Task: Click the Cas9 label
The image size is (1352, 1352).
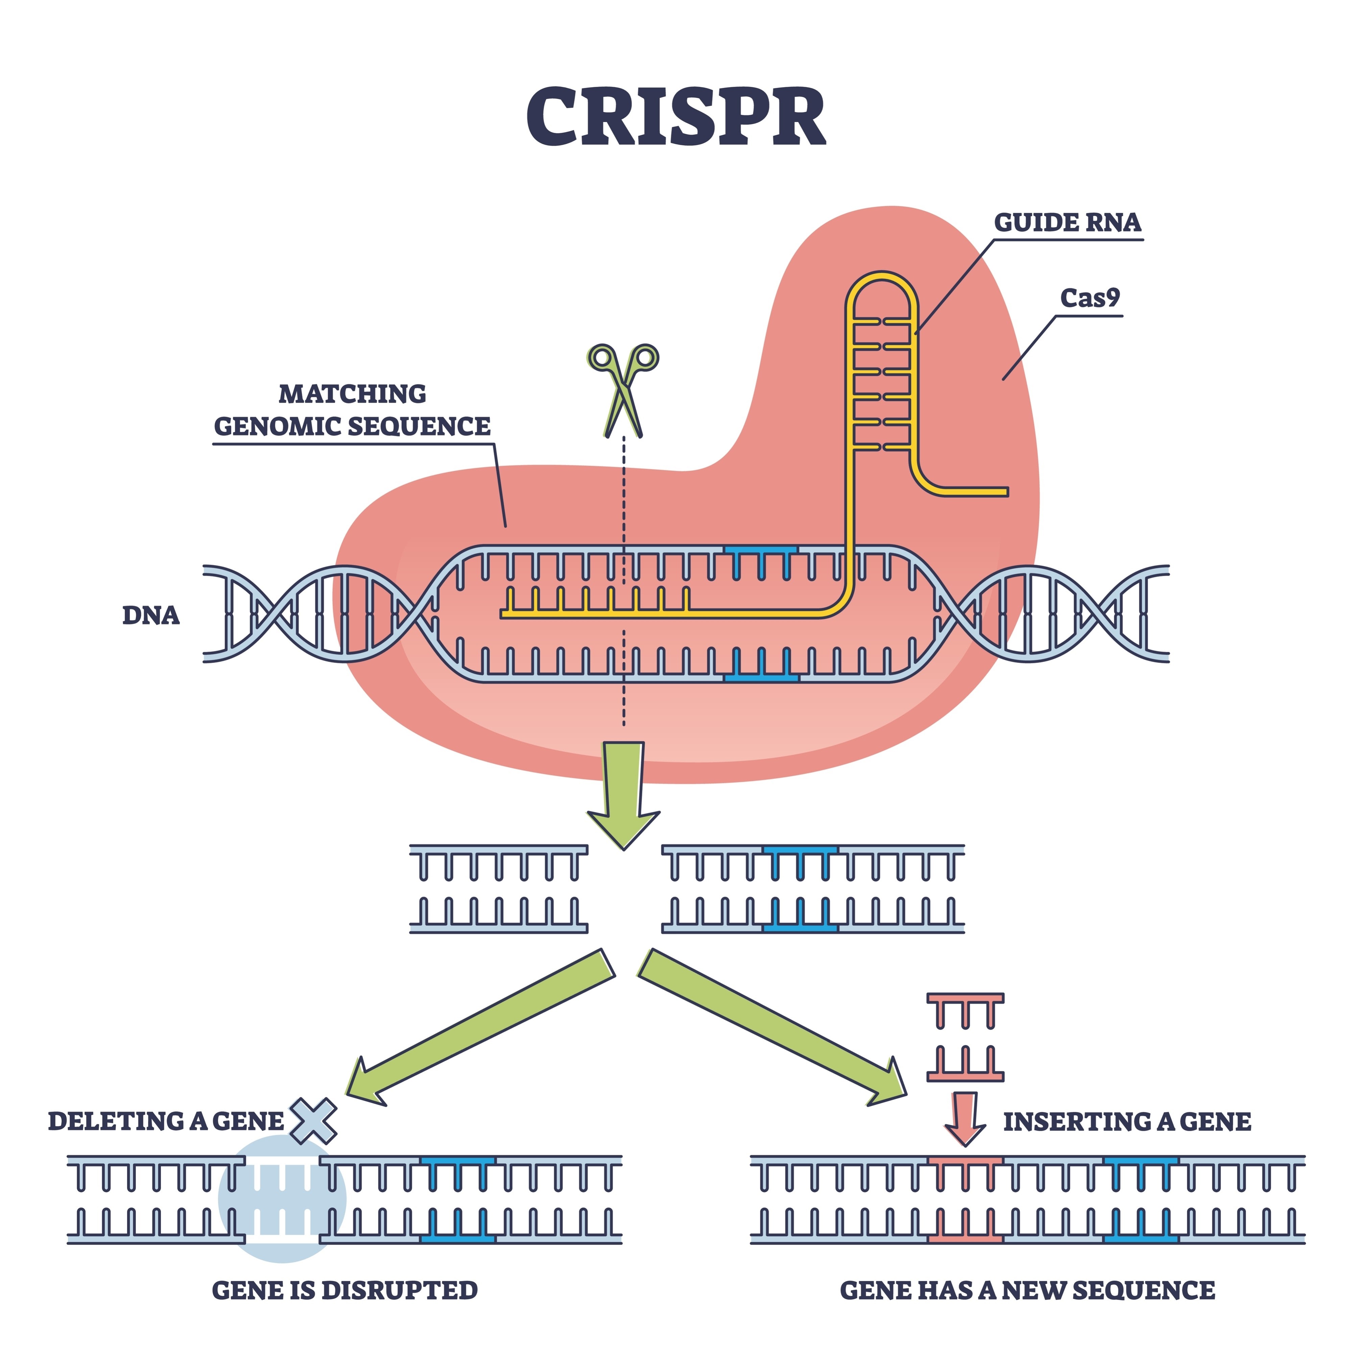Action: point(1090,298)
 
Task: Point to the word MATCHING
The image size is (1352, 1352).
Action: point(352,394)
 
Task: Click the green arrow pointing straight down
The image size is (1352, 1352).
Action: point(623,791)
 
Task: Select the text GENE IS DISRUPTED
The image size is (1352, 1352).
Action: point(344,1290)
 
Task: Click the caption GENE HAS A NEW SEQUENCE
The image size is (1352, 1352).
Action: point(1027,1290)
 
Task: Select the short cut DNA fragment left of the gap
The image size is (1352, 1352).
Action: point(498,889)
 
